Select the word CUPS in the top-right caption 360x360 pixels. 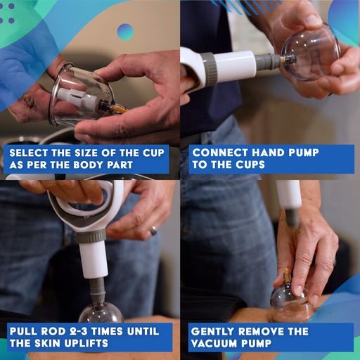point(250,165)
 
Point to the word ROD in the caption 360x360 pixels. point(53,331)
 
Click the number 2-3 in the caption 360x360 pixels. point(79,331)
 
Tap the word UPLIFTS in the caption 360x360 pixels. point(86,343)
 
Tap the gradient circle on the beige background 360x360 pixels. point(125,32)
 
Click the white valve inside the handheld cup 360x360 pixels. point(76,98)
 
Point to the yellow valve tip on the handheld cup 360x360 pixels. point(119,109)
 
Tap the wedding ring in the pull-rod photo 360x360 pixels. point(153,231)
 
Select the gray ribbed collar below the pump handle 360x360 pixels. point(91,236)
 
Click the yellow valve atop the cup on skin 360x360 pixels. point(287,275)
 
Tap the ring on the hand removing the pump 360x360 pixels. point(334,262)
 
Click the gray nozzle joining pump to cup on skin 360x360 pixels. point(292,217)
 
